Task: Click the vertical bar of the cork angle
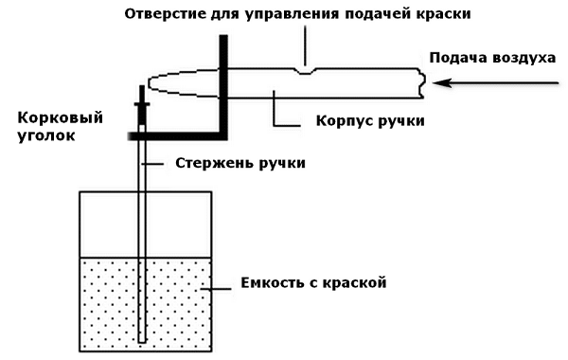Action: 224,85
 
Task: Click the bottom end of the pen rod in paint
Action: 142,338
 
